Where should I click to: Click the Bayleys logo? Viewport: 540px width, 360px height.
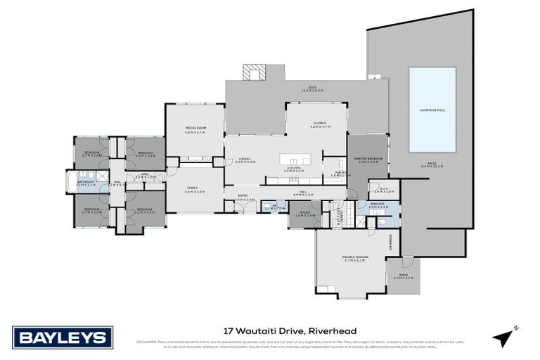(62, 337)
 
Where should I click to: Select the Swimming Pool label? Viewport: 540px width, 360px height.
(432, 110)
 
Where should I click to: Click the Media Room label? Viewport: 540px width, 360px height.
(195, 129)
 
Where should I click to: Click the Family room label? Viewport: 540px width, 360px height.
(194, 188)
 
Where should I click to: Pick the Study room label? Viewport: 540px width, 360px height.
(304, 214)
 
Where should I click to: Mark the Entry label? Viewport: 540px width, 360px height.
(243, 196)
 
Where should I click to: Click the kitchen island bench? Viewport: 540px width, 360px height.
(302, 159)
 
